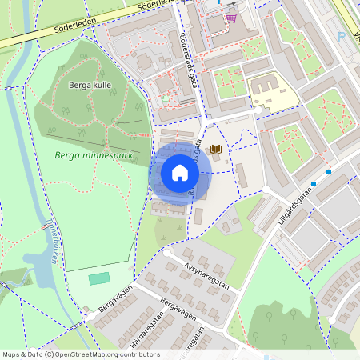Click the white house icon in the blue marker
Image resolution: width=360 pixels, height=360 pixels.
180,173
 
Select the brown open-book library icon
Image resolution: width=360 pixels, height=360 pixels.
215,150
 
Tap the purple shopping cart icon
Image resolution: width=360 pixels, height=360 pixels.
231,18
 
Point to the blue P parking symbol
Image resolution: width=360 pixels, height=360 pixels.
342,37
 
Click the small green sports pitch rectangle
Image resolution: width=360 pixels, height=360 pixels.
99,278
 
